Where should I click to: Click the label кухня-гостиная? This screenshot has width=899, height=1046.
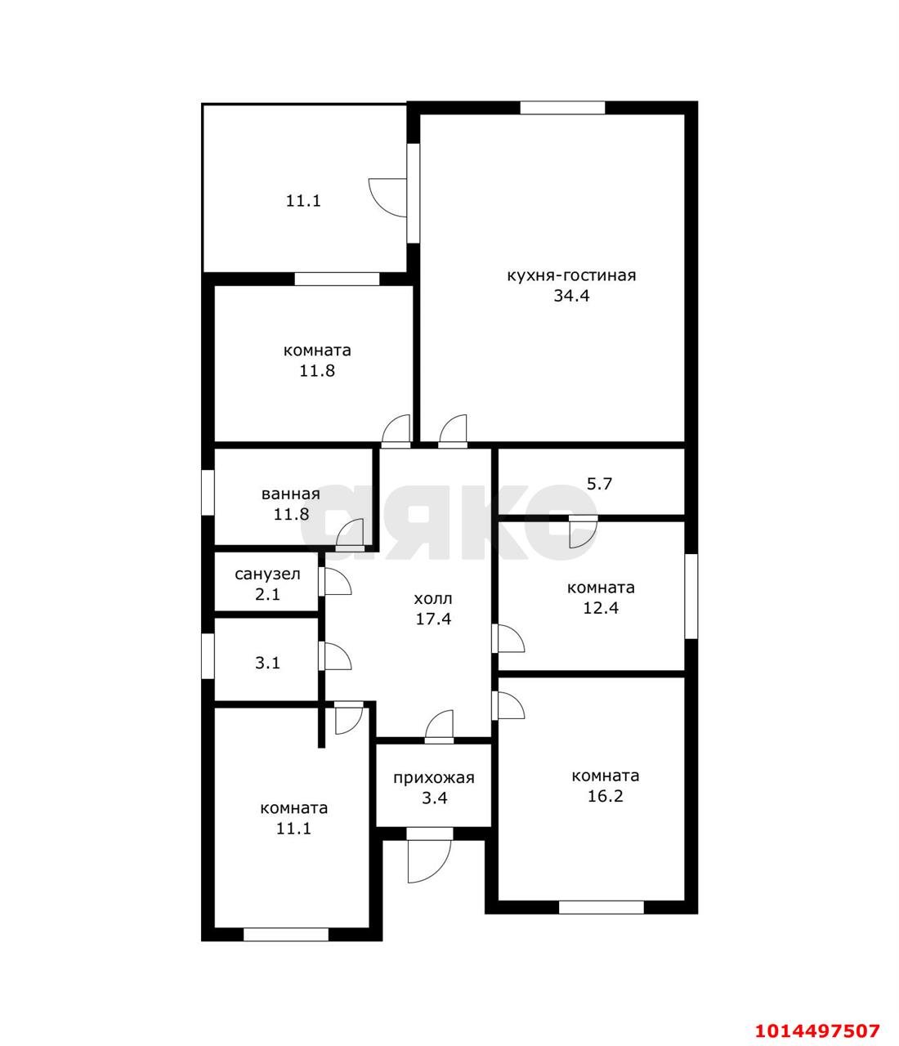571,275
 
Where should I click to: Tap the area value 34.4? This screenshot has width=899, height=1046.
571,296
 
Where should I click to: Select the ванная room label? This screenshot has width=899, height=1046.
291,494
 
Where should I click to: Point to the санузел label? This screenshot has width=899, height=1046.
267,574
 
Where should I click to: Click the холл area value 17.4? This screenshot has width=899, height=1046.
433,619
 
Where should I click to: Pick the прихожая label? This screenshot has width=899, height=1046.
434,778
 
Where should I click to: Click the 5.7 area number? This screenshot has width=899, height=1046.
599,484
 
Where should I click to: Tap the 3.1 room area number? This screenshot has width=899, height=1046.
267,663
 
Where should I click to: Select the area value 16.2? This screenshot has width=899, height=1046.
605,796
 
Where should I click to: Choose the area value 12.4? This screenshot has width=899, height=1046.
601,608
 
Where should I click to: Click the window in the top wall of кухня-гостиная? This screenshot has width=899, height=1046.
562,108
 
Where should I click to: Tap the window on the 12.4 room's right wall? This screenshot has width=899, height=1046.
691,596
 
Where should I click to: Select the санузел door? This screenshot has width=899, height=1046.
334,582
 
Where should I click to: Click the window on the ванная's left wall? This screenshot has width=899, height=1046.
208,493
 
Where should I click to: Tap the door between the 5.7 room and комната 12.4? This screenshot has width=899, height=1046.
584,531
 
